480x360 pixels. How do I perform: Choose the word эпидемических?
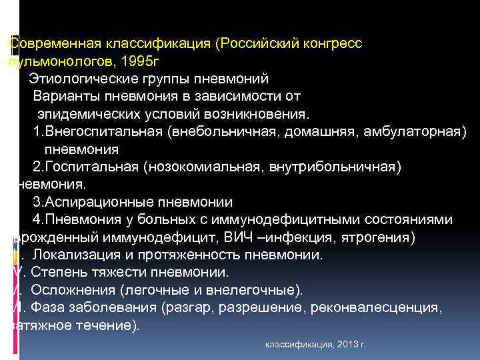(x=89, y=114)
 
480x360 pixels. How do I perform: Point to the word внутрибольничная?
(x=335, y=166)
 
